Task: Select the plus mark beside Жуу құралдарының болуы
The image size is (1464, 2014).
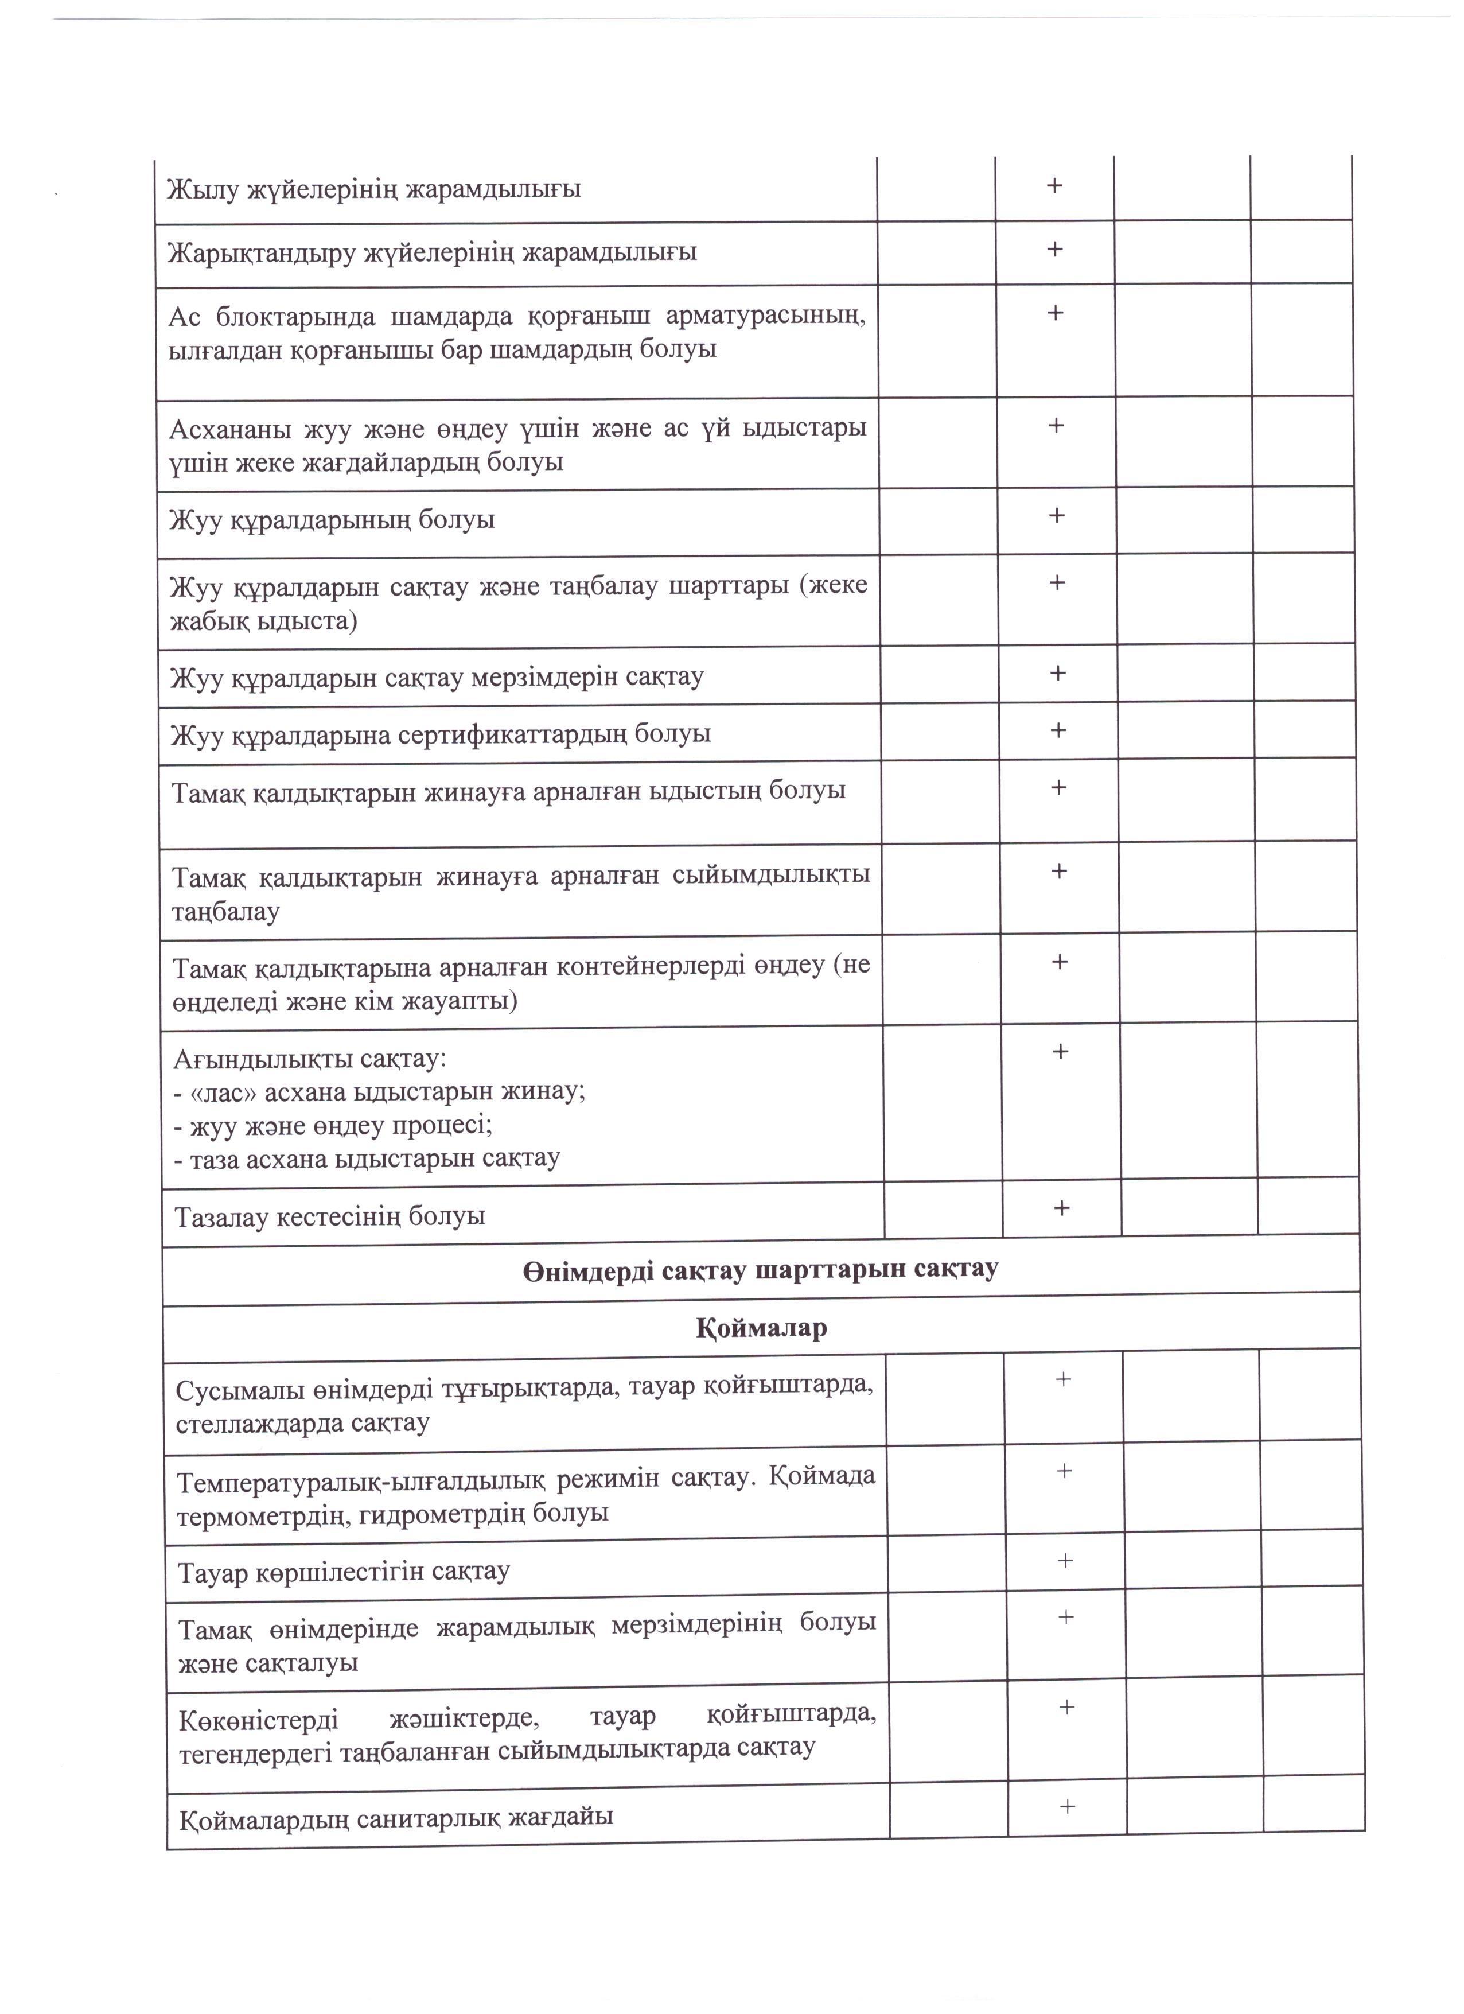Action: pos(1057,516)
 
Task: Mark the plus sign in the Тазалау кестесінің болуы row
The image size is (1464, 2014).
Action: pos(1060,1208)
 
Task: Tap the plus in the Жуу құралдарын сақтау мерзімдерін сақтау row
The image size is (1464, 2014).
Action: pos(1057,673)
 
